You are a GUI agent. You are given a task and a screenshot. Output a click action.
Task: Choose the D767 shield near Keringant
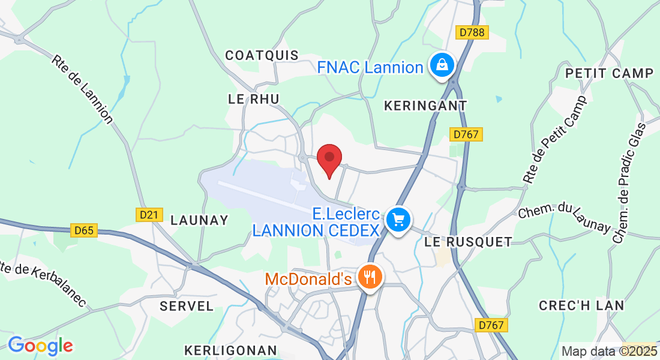point(466,134)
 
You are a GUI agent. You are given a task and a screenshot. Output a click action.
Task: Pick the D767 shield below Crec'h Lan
point(492,325)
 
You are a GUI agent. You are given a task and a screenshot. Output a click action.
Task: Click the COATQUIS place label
point(262,55)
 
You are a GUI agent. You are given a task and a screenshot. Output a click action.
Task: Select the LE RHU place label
point(254,98)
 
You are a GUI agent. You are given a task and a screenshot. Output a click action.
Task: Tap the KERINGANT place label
point(425,106)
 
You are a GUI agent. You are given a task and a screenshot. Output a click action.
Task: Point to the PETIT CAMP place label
point(609,73)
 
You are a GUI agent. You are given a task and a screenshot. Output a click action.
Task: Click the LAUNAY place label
point(199,220)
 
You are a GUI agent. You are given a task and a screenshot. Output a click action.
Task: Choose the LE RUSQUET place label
point(468,242)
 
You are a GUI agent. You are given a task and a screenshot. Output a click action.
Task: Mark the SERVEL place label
point(187,306)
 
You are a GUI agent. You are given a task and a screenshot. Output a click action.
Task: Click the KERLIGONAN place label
point(230,350)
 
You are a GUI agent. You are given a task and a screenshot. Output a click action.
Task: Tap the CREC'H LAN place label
point(581,305)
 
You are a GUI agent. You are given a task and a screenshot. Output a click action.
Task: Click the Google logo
point(40,346)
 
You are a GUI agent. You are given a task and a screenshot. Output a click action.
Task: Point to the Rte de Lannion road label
point(82,89)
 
